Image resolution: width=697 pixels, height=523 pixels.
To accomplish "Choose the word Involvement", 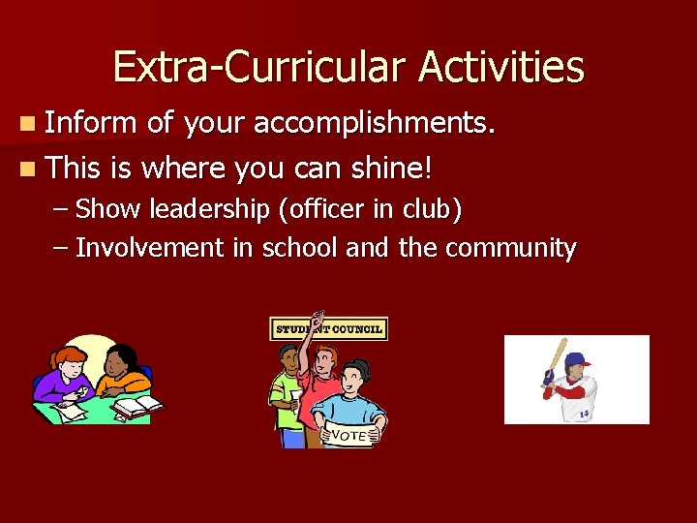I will tap(149, 248).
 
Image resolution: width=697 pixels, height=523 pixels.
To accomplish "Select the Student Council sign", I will tap(329, 329).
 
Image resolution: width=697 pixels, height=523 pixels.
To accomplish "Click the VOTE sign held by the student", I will tap(348, 435).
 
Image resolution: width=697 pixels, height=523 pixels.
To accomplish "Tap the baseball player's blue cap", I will tap(578, 360).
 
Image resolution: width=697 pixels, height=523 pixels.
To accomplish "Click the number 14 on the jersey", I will tap(584, 415).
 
